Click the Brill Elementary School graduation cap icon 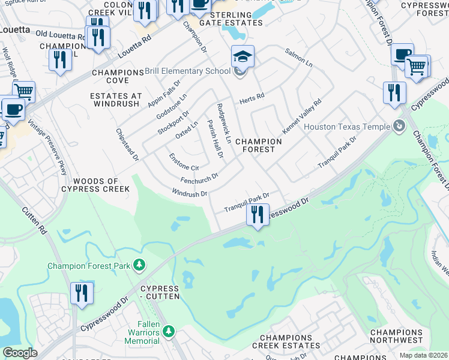[243, 57]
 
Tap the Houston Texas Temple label [346, 127]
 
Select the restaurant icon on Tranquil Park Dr [258, 214]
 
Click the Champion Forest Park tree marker [139, 265]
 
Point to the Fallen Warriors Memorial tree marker [169, 331]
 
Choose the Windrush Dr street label [189, 193]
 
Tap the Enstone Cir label [184, 162]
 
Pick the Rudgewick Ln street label [224, 122]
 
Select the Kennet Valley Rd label [301, 117]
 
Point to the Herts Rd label [252, 97]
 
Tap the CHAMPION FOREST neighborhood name [258, 145]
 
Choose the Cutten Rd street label [34, 220]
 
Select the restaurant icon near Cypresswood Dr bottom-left [80, 293]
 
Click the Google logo [20, 353]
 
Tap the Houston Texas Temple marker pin [398, 126]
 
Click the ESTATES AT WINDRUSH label [116, 100]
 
